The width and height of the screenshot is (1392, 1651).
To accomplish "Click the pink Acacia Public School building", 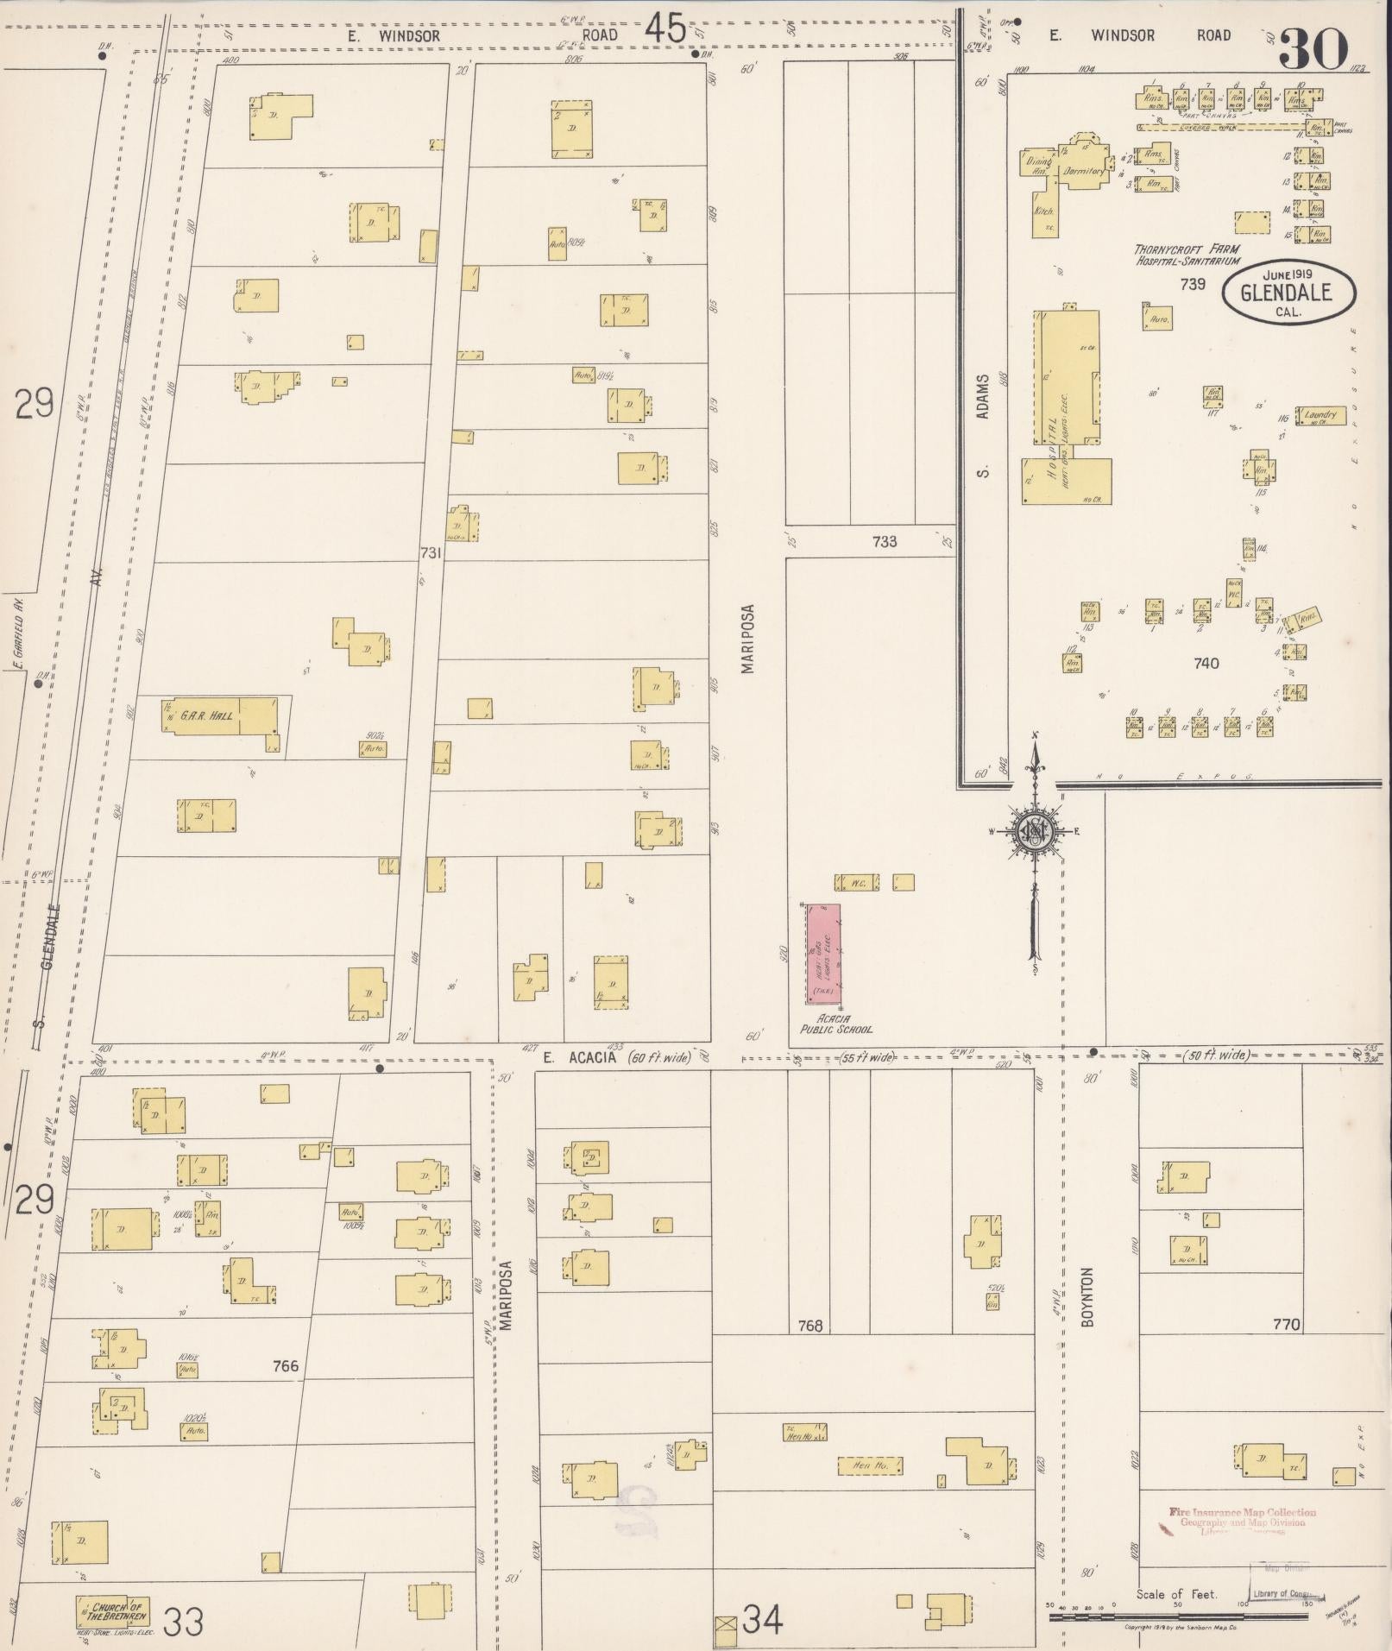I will point(823,954).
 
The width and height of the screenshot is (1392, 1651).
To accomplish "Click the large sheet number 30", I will point(1313,49).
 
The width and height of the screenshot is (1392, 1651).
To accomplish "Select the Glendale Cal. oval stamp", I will point(1288,293).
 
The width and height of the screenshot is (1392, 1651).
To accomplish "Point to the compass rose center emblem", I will point(1033,831).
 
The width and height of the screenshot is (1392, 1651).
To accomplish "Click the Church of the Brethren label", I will point(120,1611).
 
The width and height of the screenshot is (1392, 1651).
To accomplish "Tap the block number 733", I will point(885,542).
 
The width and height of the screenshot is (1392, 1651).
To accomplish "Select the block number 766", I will point(285,1365).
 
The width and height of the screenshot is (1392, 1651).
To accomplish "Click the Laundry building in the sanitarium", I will point(1320,416).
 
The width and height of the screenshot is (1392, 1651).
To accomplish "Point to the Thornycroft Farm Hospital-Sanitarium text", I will point(1187,254).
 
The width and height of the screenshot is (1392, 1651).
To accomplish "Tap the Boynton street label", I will point(1087,1296).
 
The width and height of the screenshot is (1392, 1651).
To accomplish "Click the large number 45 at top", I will point(665,30).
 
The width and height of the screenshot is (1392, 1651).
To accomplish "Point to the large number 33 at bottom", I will point(184,1622).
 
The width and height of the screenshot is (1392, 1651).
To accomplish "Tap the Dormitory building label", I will point(1084,171).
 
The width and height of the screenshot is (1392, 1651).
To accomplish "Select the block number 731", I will point(430,552).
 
